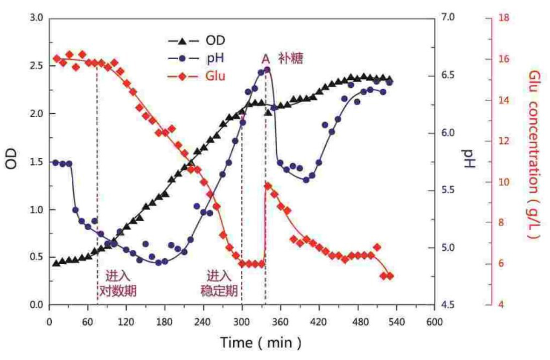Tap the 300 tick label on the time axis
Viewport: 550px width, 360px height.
click(x=242, y=322)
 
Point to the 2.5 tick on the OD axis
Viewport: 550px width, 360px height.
click(x=36, y=66)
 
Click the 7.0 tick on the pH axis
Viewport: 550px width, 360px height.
click(x=448, y=18)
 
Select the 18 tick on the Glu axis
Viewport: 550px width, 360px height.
click(x=504, y=18)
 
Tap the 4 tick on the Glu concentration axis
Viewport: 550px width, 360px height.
click(x=501, y=305)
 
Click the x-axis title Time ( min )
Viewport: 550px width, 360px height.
click(x=260, y=343)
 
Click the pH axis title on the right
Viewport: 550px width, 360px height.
click(x=467, y=159)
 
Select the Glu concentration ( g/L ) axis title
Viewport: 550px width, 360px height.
click(x=534, y=154)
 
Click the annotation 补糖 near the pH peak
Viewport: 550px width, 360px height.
click(x=291, y=58)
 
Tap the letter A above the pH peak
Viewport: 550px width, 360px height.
click(x=266, y=59)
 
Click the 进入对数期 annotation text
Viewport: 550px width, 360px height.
click(x=118, y=283)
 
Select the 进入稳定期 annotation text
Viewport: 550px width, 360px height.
click(x=219, y=283)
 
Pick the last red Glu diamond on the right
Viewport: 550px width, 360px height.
click(x=390, y=276)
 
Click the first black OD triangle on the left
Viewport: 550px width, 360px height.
click(x=56, y=263)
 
